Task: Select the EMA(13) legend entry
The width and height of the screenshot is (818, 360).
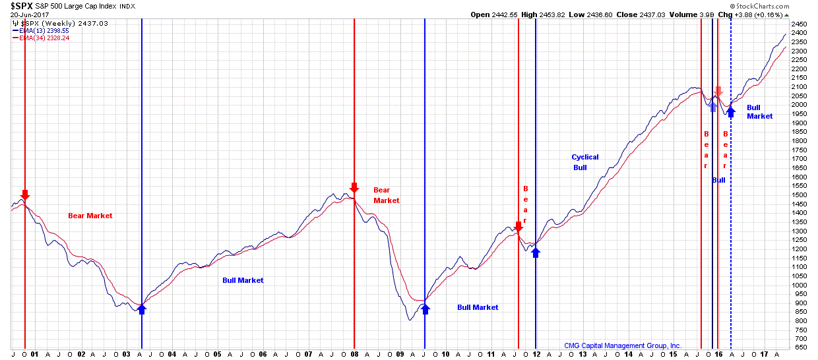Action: coord(40,30)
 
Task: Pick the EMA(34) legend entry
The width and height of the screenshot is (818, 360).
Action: coord(40,38)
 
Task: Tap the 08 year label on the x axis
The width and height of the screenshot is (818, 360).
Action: coord(354,354)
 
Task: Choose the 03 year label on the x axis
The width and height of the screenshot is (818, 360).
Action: coord(126,354)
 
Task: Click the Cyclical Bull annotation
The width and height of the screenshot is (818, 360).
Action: coord(584,162)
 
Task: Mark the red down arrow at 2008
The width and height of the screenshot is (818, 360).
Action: coord(354,188)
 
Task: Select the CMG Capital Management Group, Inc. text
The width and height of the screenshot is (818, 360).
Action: coord(623,345)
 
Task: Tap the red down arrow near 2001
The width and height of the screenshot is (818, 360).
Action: coord(25,195)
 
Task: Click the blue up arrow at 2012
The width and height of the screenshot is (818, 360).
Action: coord(535,251)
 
